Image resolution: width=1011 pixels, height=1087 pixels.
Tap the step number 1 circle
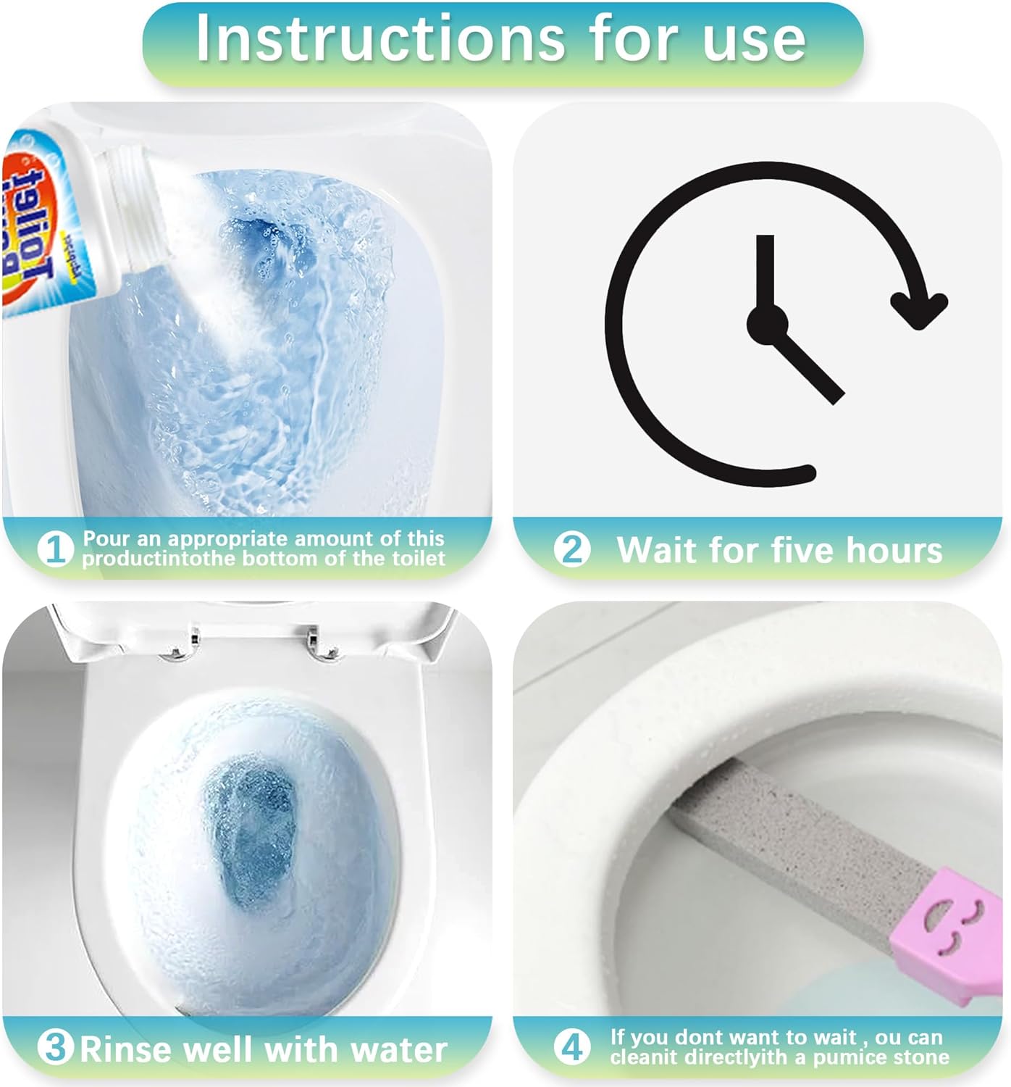pos(55,549)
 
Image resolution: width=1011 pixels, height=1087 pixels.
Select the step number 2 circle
pos(572,549)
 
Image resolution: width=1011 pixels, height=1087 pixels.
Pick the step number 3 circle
pos(55,1048)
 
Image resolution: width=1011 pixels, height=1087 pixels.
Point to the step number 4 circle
pos(572,1047)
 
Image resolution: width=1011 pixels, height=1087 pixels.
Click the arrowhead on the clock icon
pos(918,308)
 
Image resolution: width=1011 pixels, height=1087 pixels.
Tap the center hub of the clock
pos(767,325)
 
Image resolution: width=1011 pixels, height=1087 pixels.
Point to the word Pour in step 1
pos(106,538)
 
